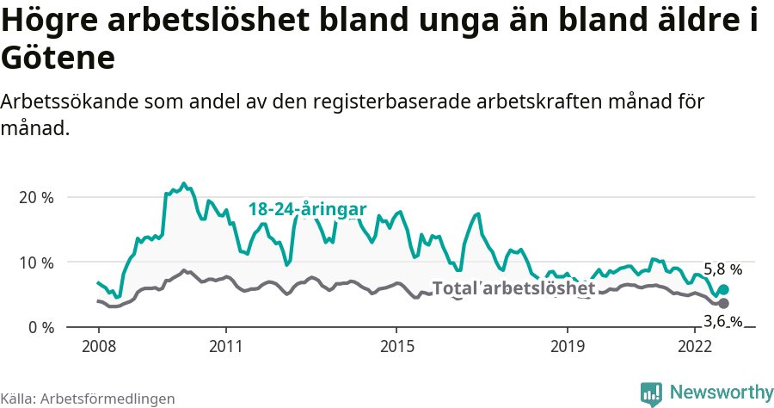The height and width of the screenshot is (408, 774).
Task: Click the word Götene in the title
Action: click(58, 59)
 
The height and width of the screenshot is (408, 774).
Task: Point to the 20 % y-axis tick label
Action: click(35, 197)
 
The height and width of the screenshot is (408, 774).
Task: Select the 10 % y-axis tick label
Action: click(35, 263)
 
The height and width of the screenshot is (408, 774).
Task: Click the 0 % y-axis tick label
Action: click(40, 328)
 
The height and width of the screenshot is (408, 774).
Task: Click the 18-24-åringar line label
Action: click(307, 209)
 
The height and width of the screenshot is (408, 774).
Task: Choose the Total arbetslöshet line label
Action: click(513, 288)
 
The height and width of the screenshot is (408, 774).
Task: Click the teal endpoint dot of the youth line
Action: click(723, 290)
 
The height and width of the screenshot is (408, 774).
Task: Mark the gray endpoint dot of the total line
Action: click(723, 304)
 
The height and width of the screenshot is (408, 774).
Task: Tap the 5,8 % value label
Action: click(722, 269)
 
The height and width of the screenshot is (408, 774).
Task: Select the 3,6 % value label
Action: click(722, 321)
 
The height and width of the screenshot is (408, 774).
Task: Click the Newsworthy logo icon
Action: click(651, 393)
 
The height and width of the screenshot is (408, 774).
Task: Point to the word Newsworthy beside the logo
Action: click(722, 393)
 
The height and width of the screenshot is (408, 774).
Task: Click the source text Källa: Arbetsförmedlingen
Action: click(88, 399)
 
